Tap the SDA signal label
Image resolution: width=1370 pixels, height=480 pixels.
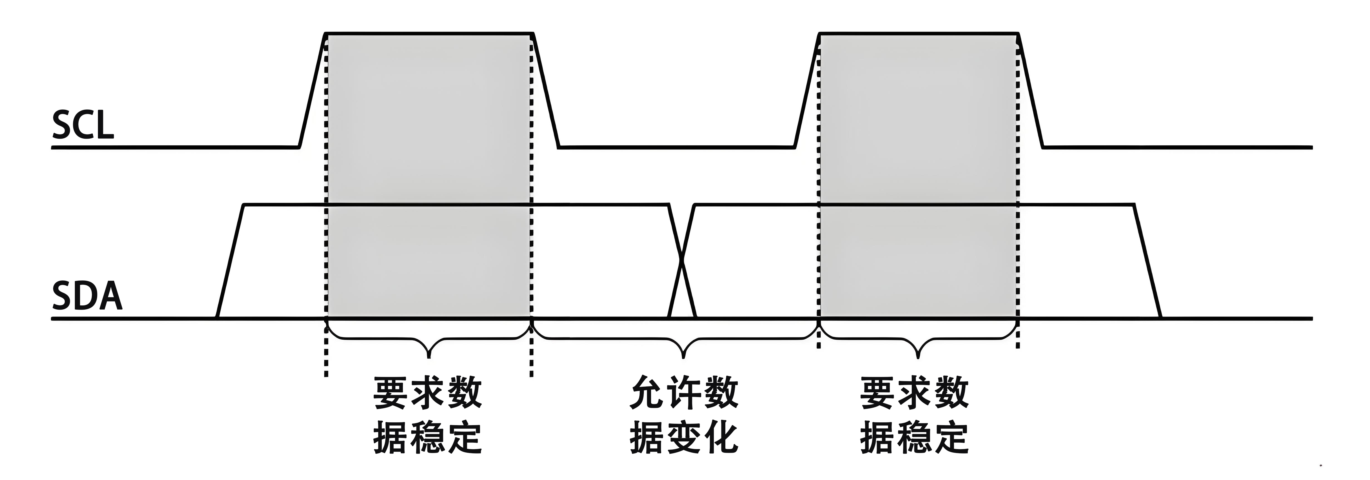(x=87, y=297)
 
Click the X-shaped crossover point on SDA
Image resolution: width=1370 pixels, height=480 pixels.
(x=682, y=261)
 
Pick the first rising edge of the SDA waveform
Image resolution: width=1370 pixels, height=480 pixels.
(x=230, y=261)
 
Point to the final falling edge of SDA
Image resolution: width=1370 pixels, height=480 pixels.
(x=1148, y=261)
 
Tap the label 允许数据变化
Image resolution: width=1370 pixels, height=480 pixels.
(x=684, y=415)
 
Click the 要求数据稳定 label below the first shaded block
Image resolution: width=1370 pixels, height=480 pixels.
(x=428, y=415)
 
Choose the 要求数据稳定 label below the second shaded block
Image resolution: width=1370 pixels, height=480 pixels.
(x=915, y=415)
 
